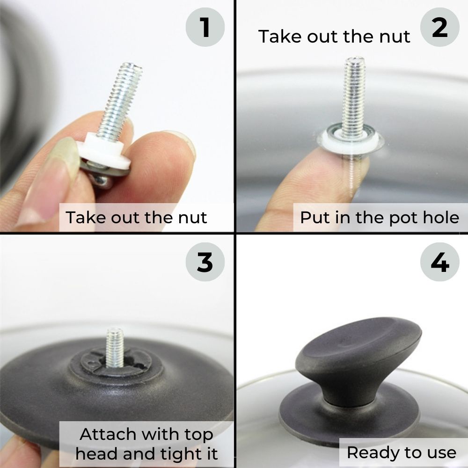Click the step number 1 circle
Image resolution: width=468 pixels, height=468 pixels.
[205, 27]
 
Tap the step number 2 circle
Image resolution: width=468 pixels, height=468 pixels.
[439, 27]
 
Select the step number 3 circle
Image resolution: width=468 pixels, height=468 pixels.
[205, 262]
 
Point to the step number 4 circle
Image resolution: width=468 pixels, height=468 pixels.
[439, 262]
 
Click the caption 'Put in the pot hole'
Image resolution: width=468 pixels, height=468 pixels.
[380, 218]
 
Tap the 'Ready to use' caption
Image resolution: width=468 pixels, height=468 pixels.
[402, 453]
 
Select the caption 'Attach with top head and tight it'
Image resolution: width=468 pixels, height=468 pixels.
[146, 444]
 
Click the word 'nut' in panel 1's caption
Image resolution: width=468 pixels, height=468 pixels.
[192, 217]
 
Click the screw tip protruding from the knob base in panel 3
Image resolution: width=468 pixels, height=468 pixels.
[115, 347]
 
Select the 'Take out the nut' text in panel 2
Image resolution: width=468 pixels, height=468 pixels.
[334, 37]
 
